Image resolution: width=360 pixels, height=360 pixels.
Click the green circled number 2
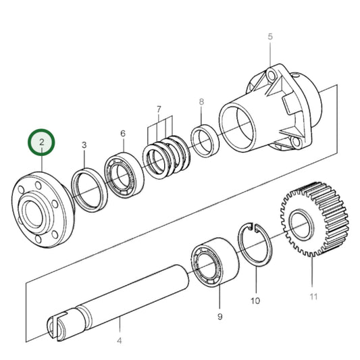pos(43,142)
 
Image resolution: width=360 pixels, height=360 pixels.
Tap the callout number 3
pos(84,145)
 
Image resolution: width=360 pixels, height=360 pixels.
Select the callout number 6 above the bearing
pos(123,134)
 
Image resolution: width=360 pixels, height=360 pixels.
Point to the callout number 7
pos(159,109)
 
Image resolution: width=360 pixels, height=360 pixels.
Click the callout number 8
pos(201,102)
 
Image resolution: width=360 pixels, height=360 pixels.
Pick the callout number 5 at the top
pos(269,36)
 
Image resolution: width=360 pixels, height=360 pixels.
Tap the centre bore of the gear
pos(299,224)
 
